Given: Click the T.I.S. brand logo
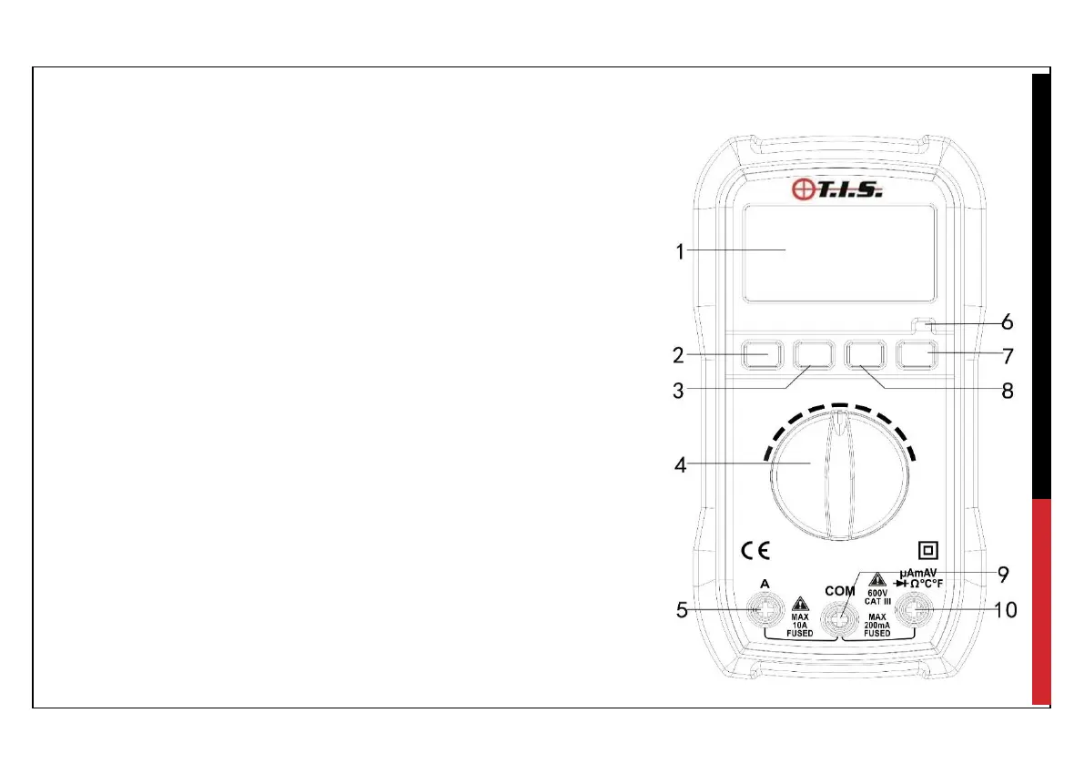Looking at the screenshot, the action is [836, 188].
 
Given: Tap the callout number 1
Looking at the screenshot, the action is [680, 251].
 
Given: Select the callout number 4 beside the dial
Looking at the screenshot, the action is [680, 464].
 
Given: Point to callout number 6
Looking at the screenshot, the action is [1008, 321].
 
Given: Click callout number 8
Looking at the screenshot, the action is [1008, 391].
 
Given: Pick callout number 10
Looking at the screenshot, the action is [1005, 610].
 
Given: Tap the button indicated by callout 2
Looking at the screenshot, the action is [762, 355].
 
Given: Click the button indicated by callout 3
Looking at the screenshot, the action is [814, 355].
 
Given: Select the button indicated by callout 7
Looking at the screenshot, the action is [917, 355].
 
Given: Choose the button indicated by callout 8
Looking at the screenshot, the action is [865, 355].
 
